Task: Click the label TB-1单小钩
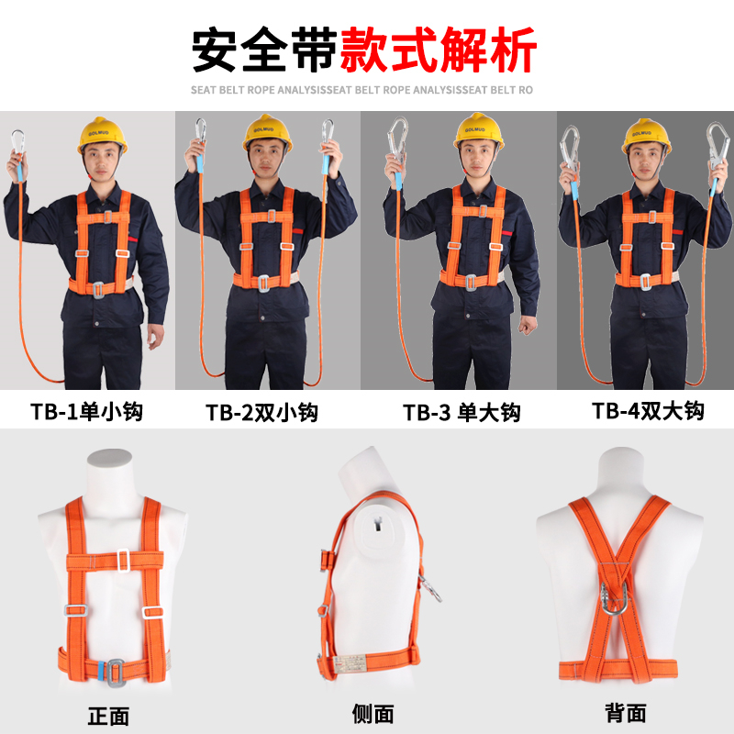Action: coord(86,412)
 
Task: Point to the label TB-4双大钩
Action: coord(648,411)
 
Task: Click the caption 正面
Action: coord(108,717)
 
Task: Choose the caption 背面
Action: coord(626,714)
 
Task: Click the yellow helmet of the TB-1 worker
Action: coord(102,135)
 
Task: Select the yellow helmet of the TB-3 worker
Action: coord(478,130)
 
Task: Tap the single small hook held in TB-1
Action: coord(17,142)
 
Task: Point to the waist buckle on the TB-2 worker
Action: coord(264,284)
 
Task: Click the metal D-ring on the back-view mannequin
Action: coord(615,598)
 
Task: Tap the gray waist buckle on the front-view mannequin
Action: coord(116,673)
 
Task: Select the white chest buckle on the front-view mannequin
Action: coord(123,561)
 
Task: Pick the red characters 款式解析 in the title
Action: coord(438,50)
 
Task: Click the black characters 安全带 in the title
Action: coord(264,50)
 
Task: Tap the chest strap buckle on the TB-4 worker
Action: coord(651,217)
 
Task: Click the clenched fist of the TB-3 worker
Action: coord(528,325)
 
